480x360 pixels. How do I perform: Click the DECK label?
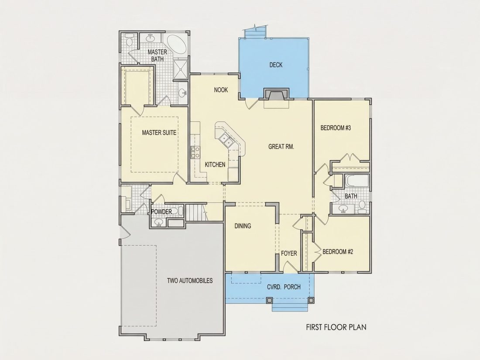coord(276,65)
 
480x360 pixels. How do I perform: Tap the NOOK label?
coord(221,90)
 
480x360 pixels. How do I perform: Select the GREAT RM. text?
coord(281,147)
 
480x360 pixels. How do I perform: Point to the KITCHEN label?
coord(215,165)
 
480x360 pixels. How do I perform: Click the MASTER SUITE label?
coord(159,133)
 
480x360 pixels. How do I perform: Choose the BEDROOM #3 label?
coord(336,128)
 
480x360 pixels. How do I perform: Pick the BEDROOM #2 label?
coord(338,252)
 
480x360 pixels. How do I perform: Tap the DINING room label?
coord(243,226)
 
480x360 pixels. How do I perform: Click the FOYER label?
coord(289,254)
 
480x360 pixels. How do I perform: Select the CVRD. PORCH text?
coord(284,287)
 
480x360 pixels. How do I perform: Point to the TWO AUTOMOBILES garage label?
coord(190,281)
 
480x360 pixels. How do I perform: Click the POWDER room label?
coord(161,212)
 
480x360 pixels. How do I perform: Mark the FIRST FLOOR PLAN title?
coord(336,327)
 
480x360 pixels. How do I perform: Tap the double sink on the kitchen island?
coord(225,140)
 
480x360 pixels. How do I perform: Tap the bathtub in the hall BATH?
coord(357,181)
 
